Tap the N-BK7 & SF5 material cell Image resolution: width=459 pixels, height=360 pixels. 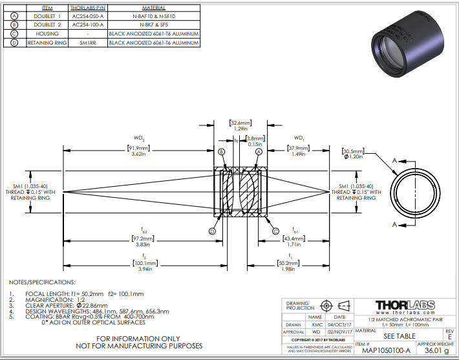(153, 25)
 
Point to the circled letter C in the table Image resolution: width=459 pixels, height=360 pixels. (14, 34)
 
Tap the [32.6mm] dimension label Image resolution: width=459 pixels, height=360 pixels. (240, 122)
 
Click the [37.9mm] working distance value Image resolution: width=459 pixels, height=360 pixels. (298, 147)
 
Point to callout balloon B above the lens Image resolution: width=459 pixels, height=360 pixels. (221, 151)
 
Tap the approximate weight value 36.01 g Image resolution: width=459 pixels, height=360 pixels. (436, 351)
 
